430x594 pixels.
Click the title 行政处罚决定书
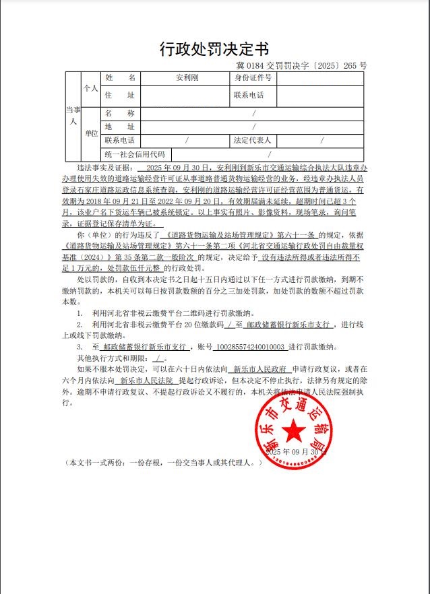[214, 49]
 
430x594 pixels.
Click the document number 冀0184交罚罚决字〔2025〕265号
[302, 66]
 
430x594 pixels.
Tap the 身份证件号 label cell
[253, 78]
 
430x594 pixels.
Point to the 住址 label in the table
[120, 96]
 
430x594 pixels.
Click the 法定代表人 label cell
[252, 141]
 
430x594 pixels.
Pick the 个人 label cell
[90, 88]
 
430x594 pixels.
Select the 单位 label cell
[90, 133]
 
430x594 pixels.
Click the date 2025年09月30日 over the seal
[296, 452]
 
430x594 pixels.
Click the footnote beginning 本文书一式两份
[162, 463]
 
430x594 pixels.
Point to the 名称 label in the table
[120, 113]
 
